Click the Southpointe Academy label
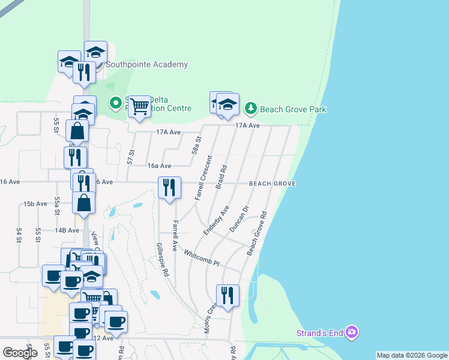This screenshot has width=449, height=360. pyautogui.click(x=146, y=65)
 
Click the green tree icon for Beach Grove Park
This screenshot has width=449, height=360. pyautogui.click(x=250, y=109)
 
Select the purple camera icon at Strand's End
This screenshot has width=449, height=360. pyautogui.click(x=352, y=332)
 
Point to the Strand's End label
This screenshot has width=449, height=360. pyautogui.click(x=320, y=333)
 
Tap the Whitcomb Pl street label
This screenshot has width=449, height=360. pyautogui.click(x=202, y=258)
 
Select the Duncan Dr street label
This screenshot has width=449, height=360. pyautogui.click(x=239, y=220)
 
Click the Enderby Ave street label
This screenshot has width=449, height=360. pyautogui.click(x=216, y=220)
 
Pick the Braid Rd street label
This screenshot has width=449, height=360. pyautogui.click(x=220, y=178)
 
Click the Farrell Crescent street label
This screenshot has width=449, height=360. pyautogui.click(x=203, y=178)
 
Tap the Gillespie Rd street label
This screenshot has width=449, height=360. pyautogui.click(x=161, y=259)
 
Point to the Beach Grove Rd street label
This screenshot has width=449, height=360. pyautogui.click(x=256, y=233)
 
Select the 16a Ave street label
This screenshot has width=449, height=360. pyautogui.click(x=160, y=166)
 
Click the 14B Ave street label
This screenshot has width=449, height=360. pyautogui.click(x=67, y=230)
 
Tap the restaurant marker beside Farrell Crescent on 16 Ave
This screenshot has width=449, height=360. pyautogui.click(x=170, y=187)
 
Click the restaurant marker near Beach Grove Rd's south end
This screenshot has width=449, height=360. pyautogui.click(x=228, y=296)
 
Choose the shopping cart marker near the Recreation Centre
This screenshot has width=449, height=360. pyautogui.click(x=140, y=107)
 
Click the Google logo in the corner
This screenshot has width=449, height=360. pyautogui.click(x=20, y=352)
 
